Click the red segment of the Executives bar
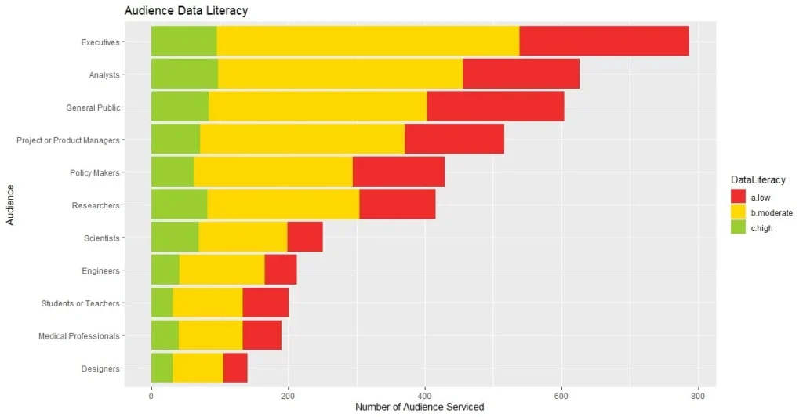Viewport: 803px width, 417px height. [x=604, y=41]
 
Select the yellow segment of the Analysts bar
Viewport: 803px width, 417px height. [x=340, y=74]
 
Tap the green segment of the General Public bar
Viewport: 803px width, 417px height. [x=180, y=107]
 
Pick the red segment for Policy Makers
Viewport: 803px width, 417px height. [x=398, y=172]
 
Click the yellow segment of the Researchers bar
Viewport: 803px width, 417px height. [x=283, y=205]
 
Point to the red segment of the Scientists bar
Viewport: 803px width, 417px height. [x=305, y=237]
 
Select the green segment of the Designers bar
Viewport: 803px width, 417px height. [x=162, y=368]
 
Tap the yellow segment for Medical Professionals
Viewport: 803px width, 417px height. [x=210, y=335]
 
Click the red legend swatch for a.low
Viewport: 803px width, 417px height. [x=738, y=198]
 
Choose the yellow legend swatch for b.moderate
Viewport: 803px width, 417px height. [x=738, y=212]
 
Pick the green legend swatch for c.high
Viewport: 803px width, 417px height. [x=738, y=227]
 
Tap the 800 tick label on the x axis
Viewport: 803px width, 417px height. [x=698, y=394]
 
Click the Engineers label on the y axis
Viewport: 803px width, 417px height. [x=100, y=270]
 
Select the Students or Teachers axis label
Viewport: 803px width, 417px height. [x=80, y=303]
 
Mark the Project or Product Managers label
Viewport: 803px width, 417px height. [x=68, y=140]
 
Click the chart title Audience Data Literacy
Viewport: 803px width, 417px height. [x=187, y=10]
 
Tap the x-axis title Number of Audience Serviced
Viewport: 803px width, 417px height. [x=420, y=408]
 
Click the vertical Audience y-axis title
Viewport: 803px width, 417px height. [x=10, y=205]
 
